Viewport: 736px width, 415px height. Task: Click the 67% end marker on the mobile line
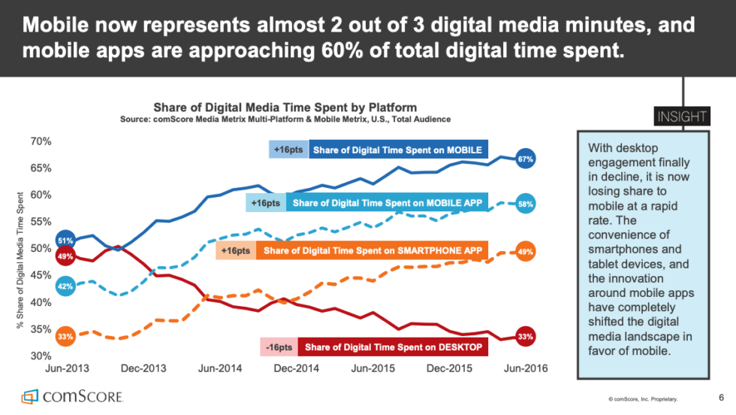click(526, 159)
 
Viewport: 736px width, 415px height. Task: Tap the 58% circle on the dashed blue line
click(526, 204)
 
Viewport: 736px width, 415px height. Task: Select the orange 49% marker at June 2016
click(526, 252)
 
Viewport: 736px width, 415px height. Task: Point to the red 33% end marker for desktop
click(526, 337)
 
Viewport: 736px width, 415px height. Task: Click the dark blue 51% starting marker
click(65, 241)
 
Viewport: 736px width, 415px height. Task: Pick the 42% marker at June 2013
click(65, 286)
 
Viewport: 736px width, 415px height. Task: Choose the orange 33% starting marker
click(65, 336)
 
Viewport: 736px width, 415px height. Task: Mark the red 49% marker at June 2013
click(65, 256)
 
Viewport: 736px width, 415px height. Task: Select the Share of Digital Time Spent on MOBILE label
click(397, 150)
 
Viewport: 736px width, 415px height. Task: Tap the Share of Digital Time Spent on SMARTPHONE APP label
click(373, 250)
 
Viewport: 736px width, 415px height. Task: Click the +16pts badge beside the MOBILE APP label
click(264, 203)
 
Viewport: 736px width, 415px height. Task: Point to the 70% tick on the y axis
click(41, 141)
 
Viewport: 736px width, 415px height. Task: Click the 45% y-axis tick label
click(41, 275)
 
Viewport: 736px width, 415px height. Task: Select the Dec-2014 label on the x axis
click(295, 368)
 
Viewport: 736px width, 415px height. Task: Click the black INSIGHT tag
click(682, 117)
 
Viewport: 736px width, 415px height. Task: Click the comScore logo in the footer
click(72, 396)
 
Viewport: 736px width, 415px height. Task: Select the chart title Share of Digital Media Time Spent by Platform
click(285, 108)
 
